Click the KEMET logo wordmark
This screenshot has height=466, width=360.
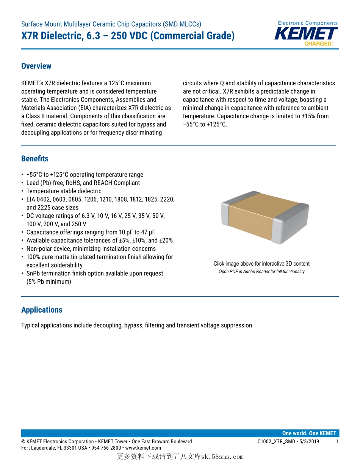306,33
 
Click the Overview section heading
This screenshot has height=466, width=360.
36,66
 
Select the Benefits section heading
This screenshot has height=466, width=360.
34,159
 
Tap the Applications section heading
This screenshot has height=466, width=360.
42,310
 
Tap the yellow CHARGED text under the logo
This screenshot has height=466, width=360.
318,44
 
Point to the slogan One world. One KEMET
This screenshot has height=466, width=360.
309,433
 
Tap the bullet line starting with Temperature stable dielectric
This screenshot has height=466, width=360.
64,191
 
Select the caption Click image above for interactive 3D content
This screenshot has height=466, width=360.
261,264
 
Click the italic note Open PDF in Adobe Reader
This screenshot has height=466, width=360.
261,272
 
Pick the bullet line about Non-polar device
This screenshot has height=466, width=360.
91,249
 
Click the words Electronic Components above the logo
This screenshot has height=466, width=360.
308,23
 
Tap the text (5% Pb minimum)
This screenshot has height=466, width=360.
49,282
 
